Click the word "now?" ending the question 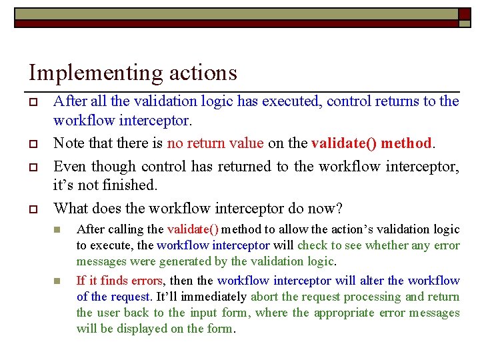pos(325,209)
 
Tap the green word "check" pos(312,245)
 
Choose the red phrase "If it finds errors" pos(119,281)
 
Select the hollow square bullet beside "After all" pos(32,102)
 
